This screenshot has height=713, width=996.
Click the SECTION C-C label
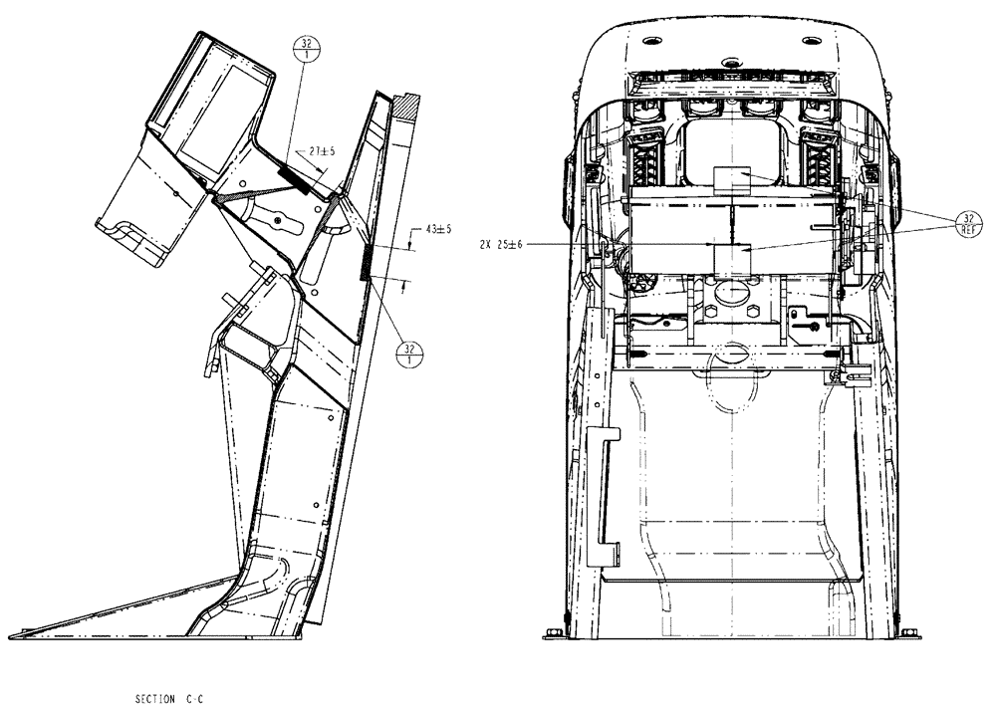169,699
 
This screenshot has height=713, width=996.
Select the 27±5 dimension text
322,151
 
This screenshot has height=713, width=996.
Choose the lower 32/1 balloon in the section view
411,353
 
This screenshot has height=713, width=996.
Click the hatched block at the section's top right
406,104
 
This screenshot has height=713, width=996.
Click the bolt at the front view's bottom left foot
555,632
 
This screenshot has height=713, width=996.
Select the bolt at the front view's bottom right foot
908,632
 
